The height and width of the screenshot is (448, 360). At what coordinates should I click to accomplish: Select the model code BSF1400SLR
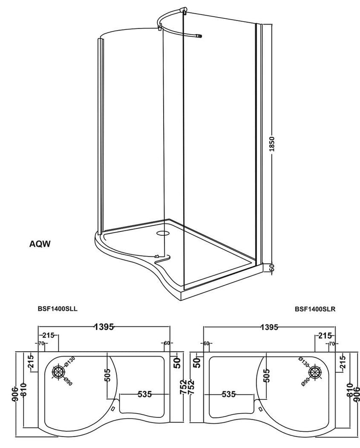pyautogui.click(x=315, y=309)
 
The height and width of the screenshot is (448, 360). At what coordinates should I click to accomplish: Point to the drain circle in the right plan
pyautogui.click(x=315, y=371)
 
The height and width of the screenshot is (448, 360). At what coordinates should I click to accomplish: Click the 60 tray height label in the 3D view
pyautogui.click(x=273, y=268)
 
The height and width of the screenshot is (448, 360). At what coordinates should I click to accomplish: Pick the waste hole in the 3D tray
pyautogui.click(x=164, y=234)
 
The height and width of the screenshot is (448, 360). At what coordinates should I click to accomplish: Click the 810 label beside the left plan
pyautogui.click(x=23, y=391)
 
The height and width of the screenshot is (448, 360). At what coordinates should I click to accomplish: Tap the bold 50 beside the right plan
pyautogui.click(x=197, y=362)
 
